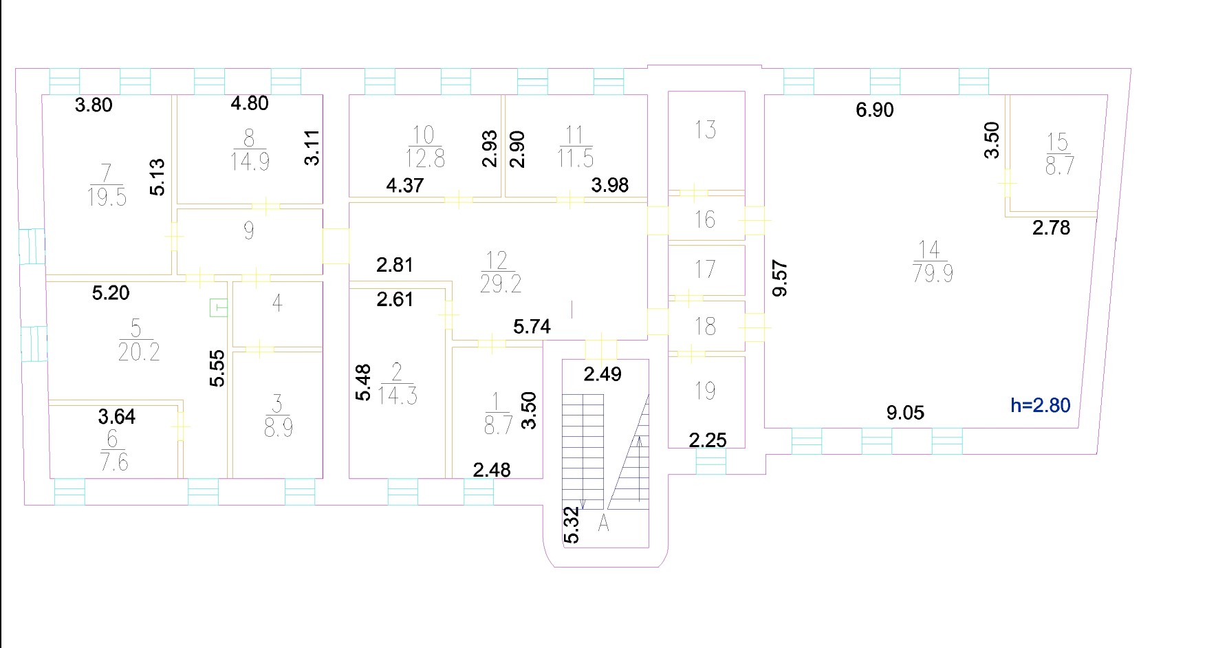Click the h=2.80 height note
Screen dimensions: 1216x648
(x=1041, y=405)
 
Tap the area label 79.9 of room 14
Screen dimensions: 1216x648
(x=933, y=274)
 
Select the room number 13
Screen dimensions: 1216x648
(x=705, y=129)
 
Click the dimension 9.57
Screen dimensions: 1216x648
(x=780, y=278)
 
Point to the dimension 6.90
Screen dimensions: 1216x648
(x=875, y=110)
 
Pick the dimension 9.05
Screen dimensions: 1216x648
(x=905, y=413)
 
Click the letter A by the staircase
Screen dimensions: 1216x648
(x=603, y=523)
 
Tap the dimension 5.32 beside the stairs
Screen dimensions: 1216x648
(x=572, y=525)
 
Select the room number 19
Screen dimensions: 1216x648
(x=705, y=391)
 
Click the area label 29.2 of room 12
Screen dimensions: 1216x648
(x=501, y=283)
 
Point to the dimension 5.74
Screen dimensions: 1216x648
(x=532, y=327)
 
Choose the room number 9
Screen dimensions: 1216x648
(x=249, y=230)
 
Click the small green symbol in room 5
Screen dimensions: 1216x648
(x=218, y=307)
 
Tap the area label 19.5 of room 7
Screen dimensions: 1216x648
(x=107, y=197)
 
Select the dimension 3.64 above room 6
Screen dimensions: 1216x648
(x=116, y=417)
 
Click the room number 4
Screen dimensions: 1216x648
(x=277, y=303)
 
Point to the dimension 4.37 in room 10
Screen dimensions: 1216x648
(x=404, y=185)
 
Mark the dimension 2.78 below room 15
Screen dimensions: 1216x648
(x=1051, y=228)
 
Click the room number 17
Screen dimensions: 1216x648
(x=705, y=269)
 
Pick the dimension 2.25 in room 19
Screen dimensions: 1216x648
(x=708, y=440)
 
